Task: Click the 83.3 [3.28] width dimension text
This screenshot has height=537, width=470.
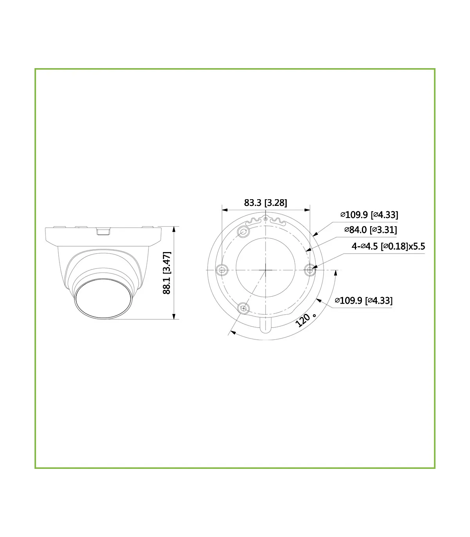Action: pos(266,203)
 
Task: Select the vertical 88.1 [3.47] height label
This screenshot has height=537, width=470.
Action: pos(167,273)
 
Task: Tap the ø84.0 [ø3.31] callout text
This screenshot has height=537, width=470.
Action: pos(371,230)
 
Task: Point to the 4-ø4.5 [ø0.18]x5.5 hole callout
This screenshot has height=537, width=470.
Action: pos(388,246)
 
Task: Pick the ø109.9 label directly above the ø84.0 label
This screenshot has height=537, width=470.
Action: pos(369,215)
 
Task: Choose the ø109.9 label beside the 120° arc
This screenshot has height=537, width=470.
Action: pos(363,301)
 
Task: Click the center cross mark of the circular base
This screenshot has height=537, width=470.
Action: pos(266,270)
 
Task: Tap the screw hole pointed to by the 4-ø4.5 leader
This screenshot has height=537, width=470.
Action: pos(310,270)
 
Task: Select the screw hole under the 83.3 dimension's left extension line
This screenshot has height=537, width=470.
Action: pos(222,270)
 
